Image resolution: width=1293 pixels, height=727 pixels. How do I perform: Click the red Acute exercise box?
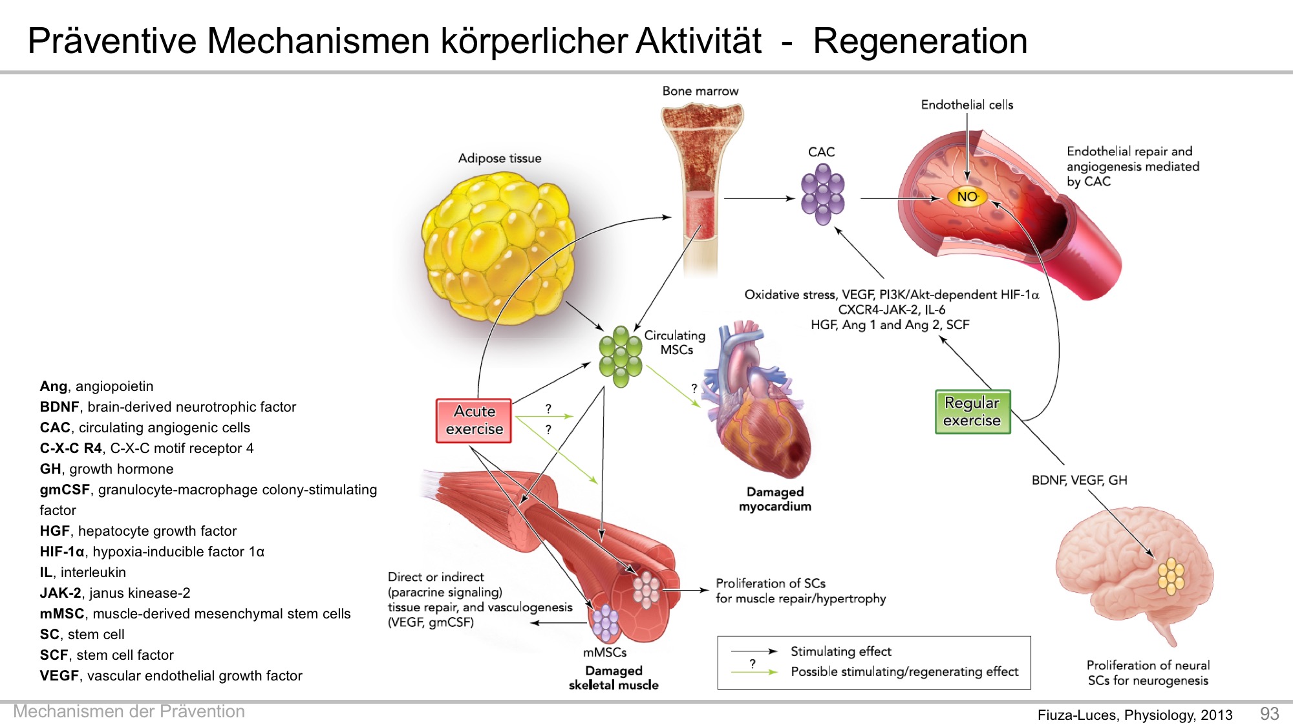(x=474, y=421)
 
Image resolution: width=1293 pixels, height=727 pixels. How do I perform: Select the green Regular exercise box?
(x=972, y=412)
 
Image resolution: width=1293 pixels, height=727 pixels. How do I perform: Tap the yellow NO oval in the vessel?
(x=967, y=196)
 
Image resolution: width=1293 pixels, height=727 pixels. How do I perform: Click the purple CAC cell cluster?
(x=822, y=194)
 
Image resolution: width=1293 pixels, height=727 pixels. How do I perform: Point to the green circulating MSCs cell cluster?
(x=620, y=356)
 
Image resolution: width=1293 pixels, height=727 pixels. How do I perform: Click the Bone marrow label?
(x=700, y=91)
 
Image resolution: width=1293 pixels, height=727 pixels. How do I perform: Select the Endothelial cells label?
(x=967, y=105)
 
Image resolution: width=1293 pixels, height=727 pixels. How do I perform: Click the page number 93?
(x=1269, y=713)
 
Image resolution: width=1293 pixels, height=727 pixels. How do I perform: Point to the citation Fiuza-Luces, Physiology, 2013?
(x=1135, y=715)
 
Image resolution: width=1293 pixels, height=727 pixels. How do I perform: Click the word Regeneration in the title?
(x=920, y=41)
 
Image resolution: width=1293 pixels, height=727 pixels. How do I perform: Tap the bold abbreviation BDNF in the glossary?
(x=59, y=407)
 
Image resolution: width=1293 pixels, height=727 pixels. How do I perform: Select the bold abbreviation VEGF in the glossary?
(x=59, y=676)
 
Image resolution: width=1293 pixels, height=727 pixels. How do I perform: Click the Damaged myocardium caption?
(x=775, y=499)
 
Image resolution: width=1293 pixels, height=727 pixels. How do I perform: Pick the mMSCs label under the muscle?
(x=605, y=653)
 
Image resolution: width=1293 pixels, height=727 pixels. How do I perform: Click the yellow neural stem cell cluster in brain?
(x=1171, y=576)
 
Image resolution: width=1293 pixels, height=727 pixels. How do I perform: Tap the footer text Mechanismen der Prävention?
(x=129, y=711)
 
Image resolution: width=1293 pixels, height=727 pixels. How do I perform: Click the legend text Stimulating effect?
(x=840, y=651)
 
